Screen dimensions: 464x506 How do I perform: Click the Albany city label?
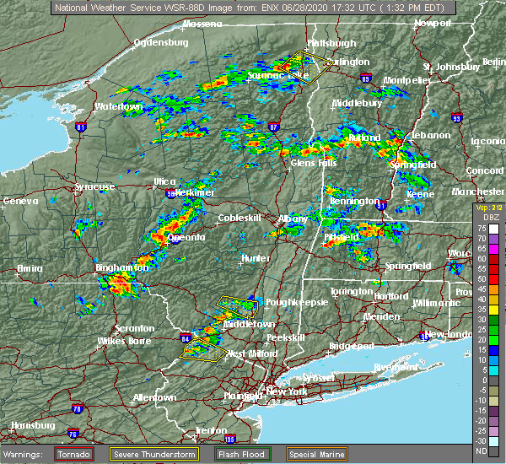pos(293,219)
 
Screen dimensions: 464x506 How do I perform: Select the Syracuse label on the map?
pos(94,186)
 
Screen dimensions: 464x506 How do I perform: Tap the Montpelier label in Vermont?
pos(407,80)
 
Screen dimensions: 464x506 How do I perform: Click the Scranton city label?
pos(134,328)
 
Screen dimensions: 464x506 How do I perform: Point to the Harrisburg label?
pos(28,425)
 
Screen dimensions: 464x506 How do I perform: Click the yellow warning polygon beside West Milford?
pos(206,349)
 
